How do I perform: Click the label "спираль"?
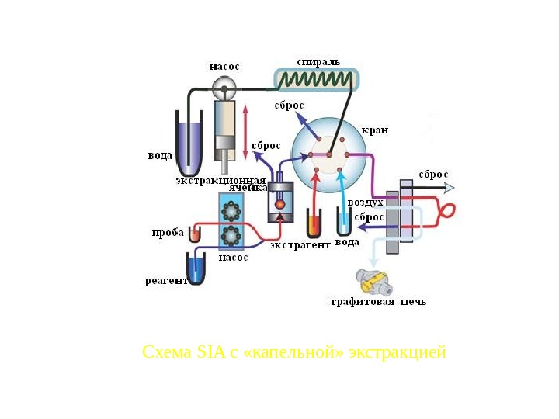coord(318,61)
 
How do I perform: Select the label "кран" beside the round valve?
coord(375,130)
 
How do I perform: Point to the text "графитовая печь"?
coord(379,301)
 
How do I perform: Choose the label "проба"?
coord(168,233)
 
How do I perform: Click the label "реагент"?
coord(166,281)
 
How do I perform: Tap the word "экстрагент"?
coord(300,244)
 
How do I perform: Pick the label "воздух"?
coord(365,202)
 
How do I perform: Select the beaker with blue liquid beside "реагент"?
coord(196,268)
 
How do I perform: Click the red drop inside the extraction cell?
coord(280,206)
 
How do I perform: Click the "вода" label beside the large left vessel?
coord(160,155)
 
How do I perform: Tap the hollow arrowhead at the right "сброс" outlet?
coord(449,187)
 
